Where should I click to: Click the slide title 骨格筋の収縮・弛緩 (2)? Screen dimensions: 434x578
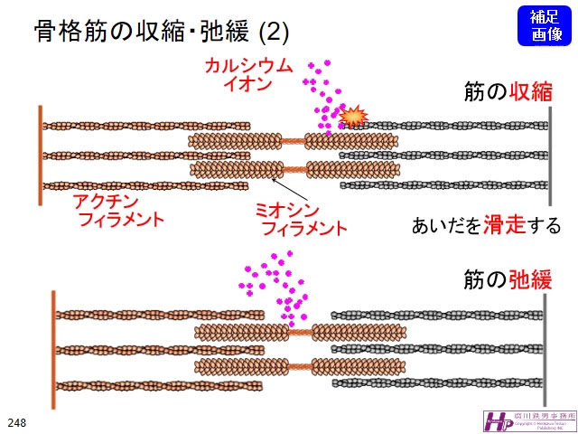[x=162, y=33]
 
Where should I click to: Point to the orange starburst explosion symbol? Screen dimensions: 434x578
[x=355, y=116]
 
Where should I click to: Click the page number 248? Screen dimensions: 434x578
[x=17, y=421]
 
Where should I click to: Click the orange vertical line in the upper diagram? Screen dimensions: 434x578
[x=41, y=155]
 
